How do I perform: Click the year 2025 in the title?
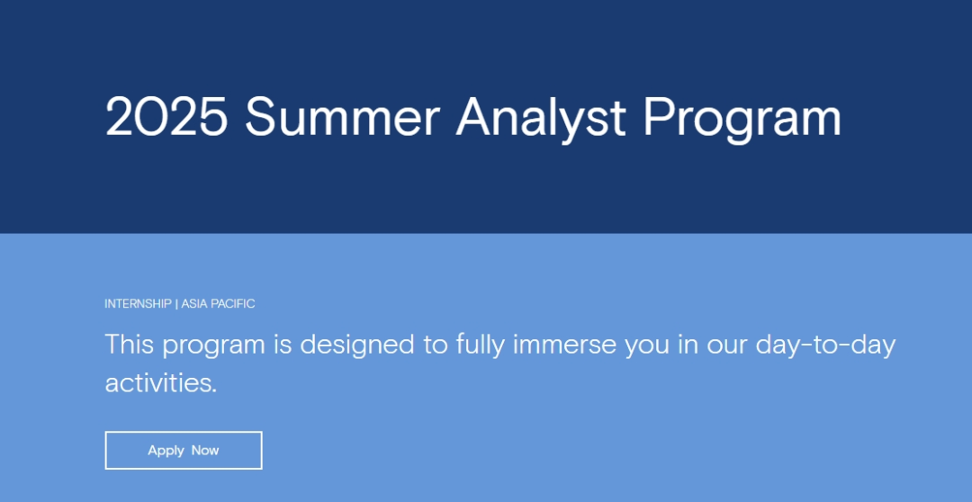click(x=166, y=117)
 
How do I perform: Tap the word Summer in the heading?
click(x=343, y=117)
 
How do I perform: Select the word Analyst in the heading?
click(x=541, y=121)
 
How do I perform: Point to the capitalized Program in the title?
click(x=742, y=121)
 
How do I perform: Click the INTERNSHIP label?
click(x=139, y=304)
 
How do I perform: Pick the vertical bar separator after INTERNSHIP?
click(x=176, y=304)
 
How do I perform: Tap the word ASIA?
click(x=194, y=304)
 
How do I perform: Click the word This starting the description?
click(x=130, y=344)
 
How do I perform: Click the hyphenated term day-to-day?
click(x=825, y=346)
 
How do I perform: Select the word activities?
click(x=161, y=383)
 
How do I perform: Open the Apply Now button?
click(x=184, y=451)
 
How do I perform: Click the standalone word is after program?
click(x=283, y=345)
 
